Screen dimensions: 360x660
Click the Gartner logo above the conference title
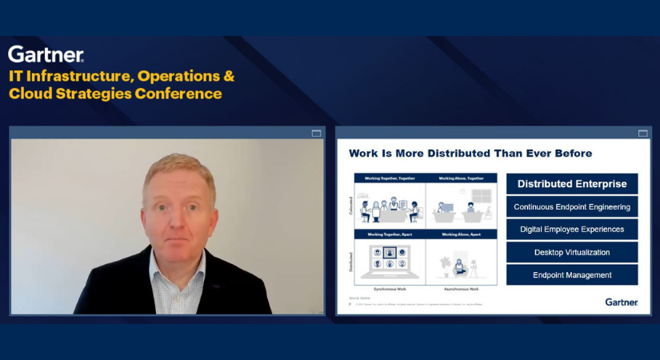pos(46,54)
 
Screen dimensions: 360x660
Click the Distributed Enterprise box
pos(572,184)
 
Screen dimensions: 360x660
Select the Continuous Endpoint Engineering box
pos(572,206)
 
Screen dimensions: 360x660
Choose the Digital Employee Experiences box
pos(572,229)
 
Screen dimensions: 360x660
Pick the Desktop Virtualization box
pos(572,252)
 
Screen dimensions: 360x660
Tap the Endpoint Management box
pos(572,275)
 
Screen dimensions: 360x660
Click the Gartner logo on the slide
pos(622,302)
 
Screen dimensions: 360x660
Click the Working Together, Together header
pos(389,178)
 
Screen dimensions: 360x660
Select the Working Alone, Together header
pos(462,178)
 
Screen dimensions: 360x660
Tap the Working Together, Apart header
pos(389,234)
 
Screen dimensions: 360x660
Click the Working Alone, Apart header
pos(462,234)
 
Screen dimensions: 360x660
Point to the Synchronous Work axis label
pos(389,288)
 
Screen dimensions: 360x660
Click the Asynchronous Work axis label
pos(462,288)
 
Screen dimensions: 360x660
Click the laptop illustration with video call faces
pos(390,260)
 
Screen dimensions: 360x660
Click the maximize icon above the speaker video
pos(316,133)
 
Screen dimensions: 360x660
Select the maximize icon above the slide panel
pos(642,133)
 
